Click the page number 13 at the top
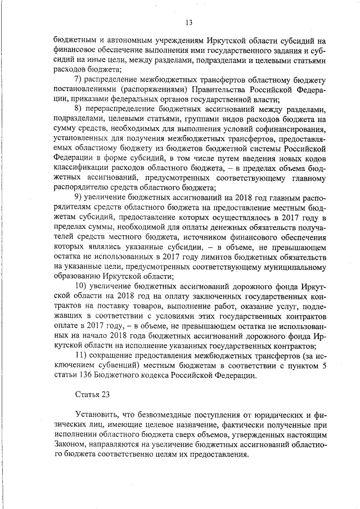pyautogui.click(x=188, y=22)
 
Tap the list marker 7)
pyautogui.click(x=79, y=78)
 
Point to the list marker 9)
pyautogui.click(x=79, y=196)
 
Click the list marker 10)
pyautogui.click(x=82, y=285)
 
